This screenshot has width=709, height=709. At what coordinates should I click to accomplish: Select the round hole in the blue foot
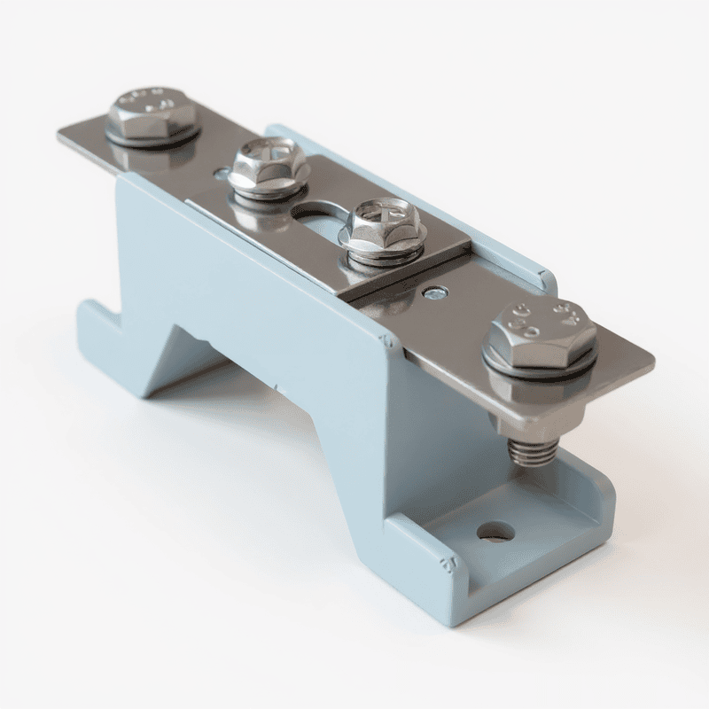495,532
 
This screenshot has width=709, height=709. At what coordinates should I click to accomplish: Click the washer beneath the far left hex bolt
152,137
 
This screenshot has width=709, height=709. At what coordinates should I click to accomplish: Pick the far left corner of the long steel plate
62,135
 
